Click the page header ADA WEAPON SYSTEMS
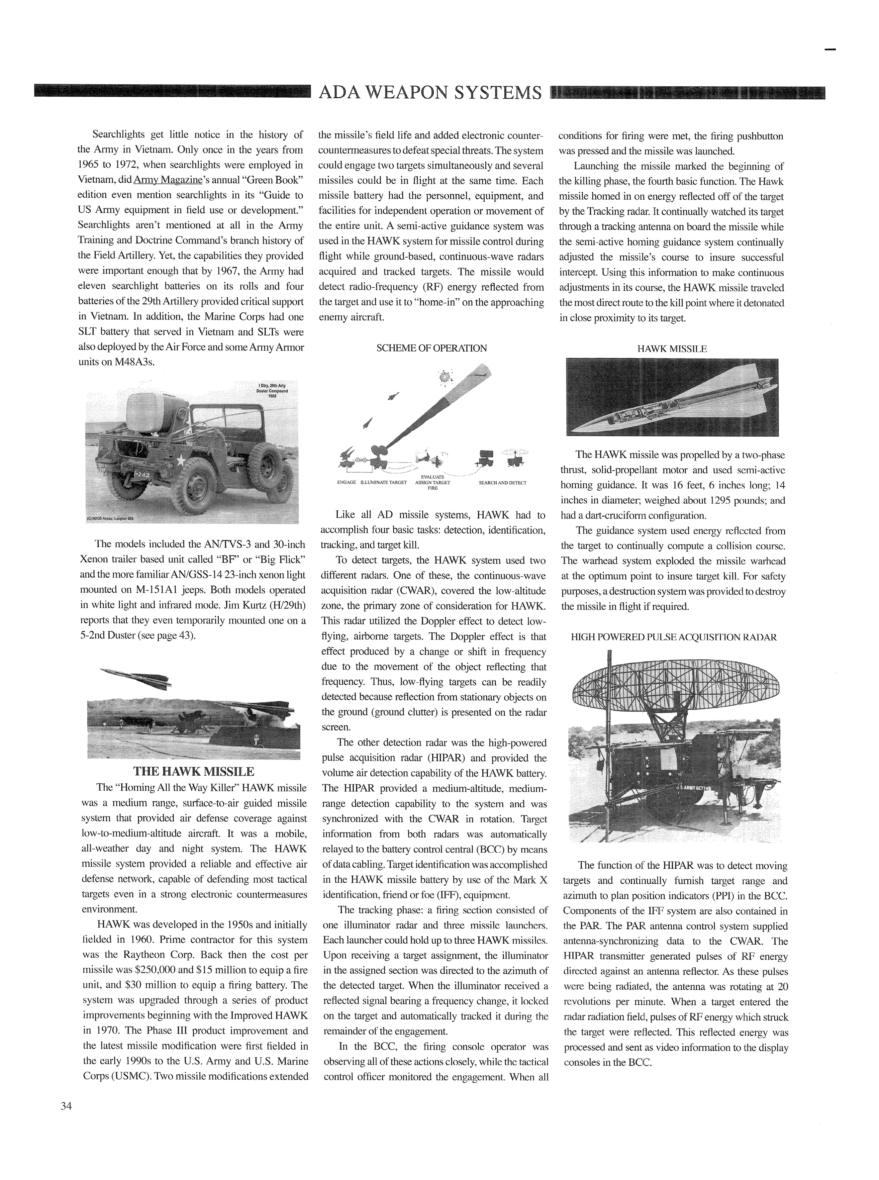[x=430, y=93]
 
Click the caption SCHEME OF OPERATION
[x=431, y=349]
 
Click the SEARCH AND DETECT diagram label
[x=502, y=483]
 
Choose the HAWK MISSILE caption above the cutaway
[x=672, y=349]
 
